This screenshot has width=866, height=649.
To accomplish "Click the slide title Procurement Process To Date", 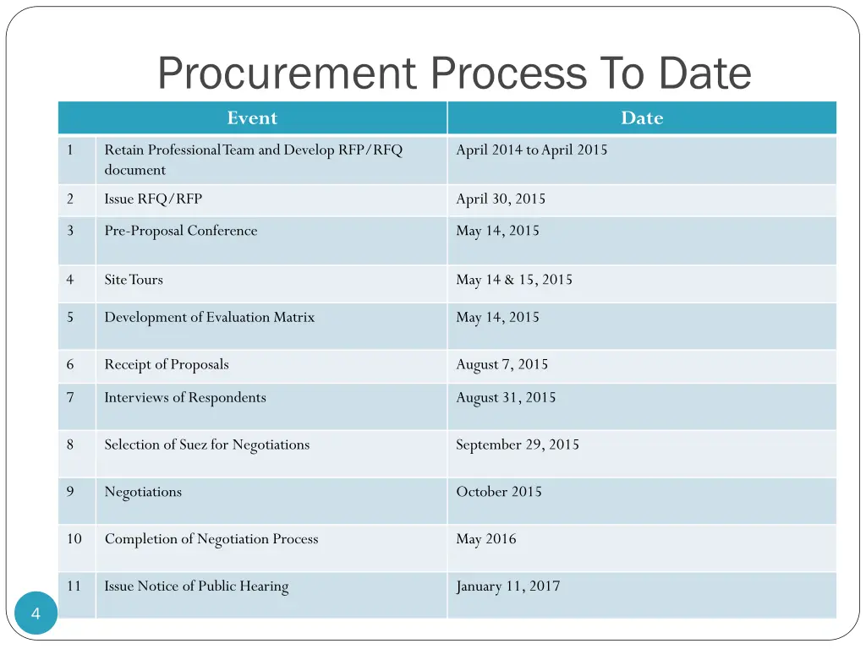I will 454,74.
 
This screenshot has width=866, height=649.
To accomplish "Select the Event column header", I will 252,118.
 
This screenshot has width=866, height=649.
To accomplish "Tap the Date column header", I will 642,118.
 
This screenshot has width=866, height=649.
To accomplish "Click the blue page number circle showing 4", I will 36,614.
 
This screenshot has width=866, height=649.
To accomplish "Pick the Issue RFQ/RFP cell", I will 153,199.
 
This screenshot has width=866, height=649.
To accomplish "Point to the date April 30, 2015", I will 501,199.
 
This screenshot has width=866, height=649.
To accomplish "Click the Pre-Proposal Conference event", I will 181,231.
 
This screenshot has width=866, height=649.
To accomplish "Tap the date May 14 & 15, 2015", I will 514,280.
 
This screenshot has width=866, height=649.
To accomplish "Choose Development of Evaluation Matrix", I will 209,318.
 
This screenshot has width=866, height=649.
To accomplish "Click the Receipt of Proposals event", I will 167,365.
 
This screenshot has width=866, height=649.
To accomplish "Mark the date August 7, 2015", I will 502,365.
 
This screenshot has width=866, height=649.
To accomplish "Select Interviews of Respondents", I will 185,398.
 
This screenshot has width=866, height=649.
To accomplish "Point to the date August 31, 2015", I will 506,398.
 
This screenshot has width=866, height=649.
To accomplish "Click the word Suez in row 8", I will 193,445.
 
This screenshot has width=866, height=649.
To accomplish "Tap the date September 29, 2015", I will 518,445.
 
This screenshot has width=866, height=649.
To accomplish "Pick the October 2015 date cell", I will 499,492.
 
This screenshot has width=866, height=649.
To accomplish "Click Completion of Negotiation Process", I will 211,539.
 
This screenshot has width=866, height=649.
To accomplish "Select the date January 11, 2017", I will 507,586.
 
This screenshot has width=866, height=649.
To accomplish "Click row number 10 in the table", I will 74,539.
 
